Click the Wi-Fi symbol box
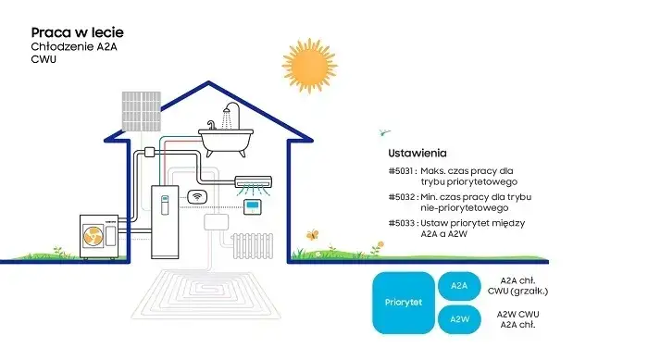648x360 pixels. pos(196,196)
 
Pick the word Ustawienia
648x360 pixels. pos(417,152)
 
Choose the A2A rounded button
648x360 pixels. pos(459,286)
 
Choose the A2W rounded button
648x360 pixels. pos(459,319)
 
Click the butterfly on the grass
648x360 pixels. pos(312,235)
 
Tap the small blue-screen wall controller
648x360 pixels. pos(253,206)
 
